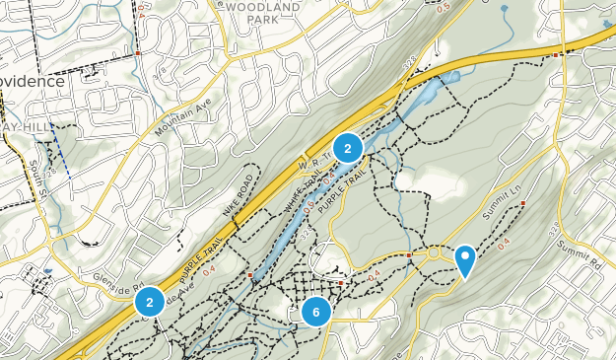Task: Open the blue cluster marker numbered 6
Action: [316, 312]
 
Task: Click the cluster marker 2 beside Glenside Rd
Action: [149, 302]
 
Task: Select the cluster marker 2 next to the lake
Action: [347, 148]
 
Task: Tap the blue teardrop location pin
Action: [464, 259]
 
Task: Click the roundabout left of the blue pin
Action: [434, 255]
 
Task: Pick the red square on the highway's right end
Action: [556, 55]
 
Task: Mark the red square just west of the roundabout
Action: [409, 255]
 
